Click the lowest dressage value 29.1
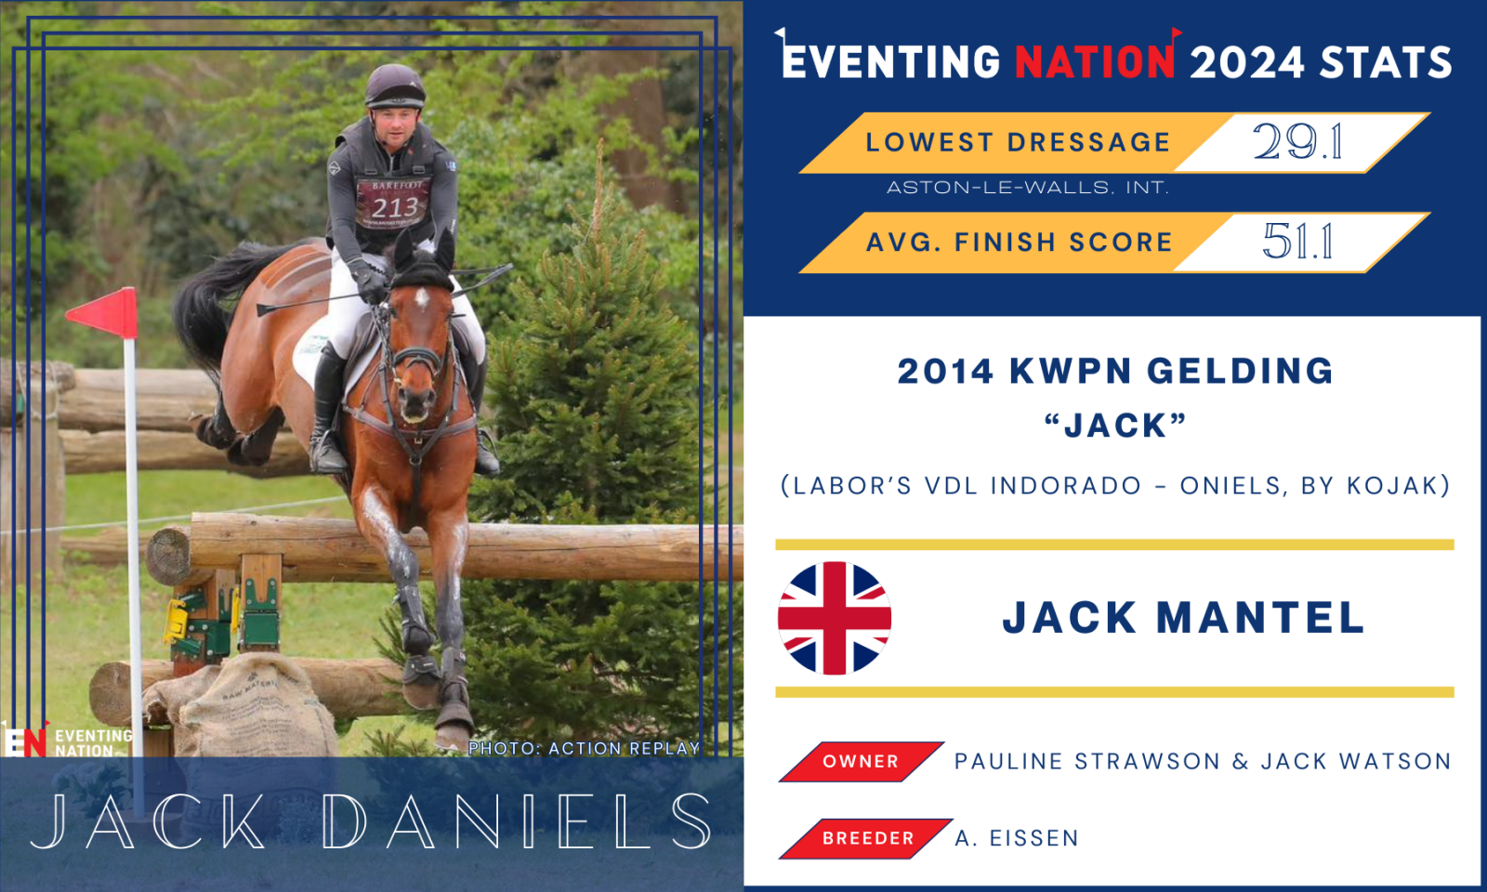1297,141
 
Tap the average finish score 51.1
1297,241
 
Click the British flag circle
835,618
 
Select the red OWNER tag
861,761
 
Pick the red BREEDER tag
865,838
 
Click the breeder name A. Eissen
1017,838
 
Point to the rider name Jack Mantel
1183,618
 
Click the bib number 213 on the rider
395,208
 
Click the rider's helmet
394,87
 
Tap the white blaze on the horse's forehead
421,298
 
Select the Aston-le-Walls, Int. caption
1028,188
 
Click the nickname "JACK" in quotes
1115,426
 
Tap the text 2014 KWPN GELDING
1115,371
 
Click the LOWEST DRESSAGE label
1018,142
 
